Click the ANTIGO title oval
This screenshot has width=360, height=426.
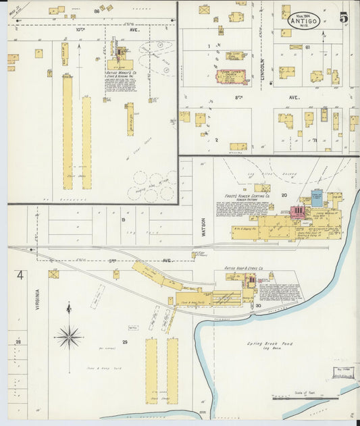[303, 20]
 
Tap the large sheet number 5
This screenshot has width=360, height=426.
[344, 18]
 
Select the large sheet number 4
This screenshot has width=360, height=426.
[20, 275]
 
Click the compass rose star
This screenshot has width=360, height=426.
[68, 336]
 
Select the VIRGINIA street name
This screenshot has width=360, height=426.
[38, 300]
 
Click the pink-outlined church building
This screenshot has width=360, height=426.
[232, 76]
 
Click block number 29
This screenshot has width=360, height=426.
[124, 342]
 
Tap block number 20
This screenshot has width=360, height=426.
[284, 194]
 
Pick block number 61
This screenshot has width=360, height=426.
[307, 48]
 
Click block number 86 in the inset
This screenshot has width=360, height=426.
[97, 11]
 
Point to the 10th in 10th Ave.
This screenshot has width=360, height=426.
[80, 30]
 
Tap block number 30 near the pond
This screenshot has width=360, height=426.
[258, 306]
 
